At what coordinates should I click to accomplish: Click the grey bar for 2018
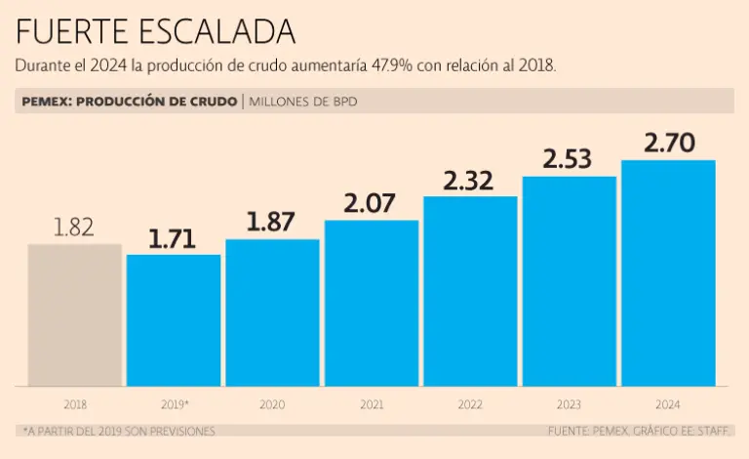coord(74,314)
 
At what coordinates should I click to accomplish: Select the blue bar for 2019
coord(174,320)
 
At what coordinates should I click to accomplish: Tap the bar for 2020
coord(272,313)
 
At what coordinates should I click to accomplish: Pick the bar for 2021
coord(372,303)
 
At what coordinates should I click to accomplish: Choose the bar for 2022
coord(470,291)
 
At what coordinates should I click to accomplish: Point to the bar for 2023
coord(570,281)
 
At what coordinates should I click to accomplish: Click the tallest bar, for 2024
coord(668,273)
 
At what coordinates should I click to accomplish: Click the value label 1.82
coord(74,228)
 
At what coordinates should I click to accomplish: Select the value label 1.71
coord(174,238)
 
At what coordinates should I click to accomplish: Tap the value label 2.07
coord(372,204)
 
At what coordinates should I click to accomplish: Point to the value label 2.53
coord(570,159)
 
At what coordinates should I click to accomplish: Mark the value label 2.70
coord(669,144)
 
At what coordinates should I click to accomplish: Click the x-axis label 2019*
coord(174,403)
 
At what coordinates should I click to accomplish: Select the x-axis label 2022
coord(470,403)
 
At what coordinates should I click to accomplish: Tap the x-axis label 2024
coord(668,403)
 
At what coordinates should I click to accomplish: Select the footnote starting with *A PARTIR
coord(118,431)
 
